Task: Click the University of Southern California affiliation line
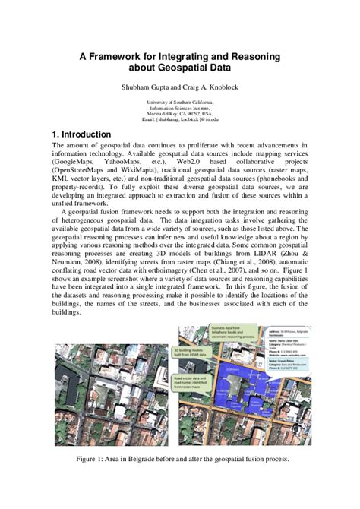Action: [180, 101]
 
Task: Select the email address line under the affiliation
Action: [180, 119]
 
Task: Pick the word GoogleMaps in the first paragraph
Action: [75, 163]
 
